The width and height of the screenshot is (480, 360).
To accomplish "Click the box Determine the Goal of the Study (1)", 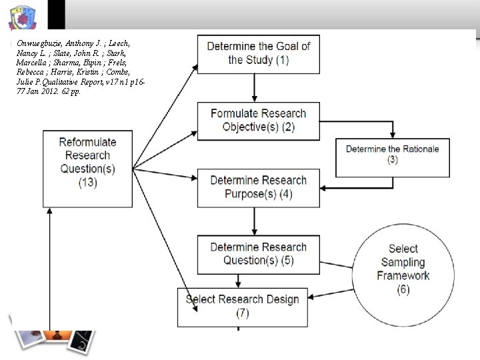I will coord(259,53).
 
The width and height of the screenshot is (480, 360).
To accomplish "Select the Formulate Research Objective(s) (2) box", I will coord(259,120).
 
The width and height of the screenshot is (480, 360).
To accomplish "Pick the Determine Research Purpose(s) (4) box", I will coord(259,187).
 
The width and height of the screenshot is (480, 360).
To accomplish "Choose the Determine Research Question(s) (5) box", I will coord(259,254).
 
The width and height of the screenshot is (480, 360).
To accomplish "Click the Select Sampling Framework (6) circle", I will coord(403,268).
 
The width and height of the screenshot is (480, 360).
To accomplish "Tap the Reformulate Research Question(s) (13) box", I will coord(87,162).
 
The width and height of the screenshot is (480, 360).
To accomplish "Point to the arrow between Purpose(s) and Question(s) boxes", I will coord(254,221).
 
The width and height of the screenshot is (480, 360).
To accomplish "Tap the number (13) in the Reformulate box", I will coord(87,181).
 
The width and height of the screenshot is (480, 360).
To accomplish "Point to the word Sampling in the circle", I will coord(404,262).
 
